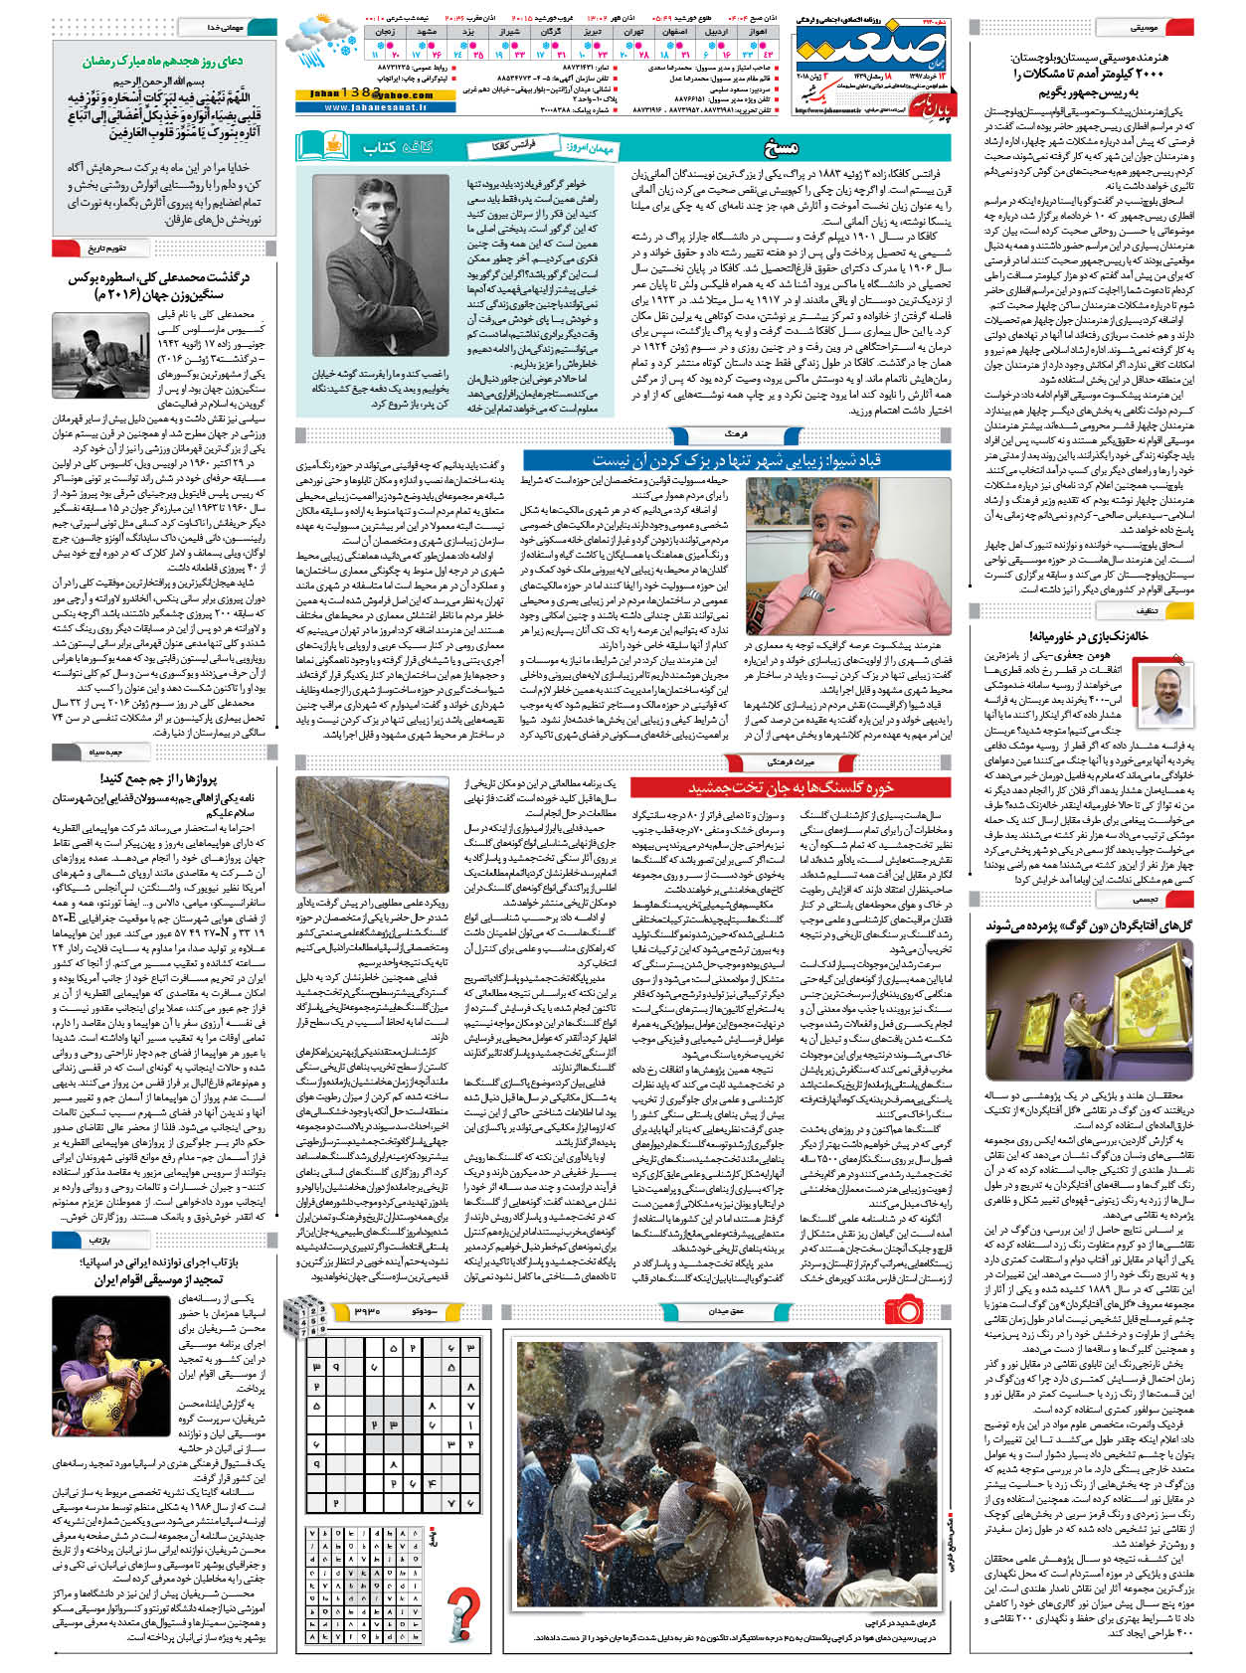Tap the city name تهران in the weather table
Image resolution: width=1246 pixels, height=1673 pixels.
pyautogui.click(x=634, y=33)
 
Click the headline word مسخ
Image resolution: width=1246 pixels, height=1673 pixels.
pyautogui.click(x=781, y=148)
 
